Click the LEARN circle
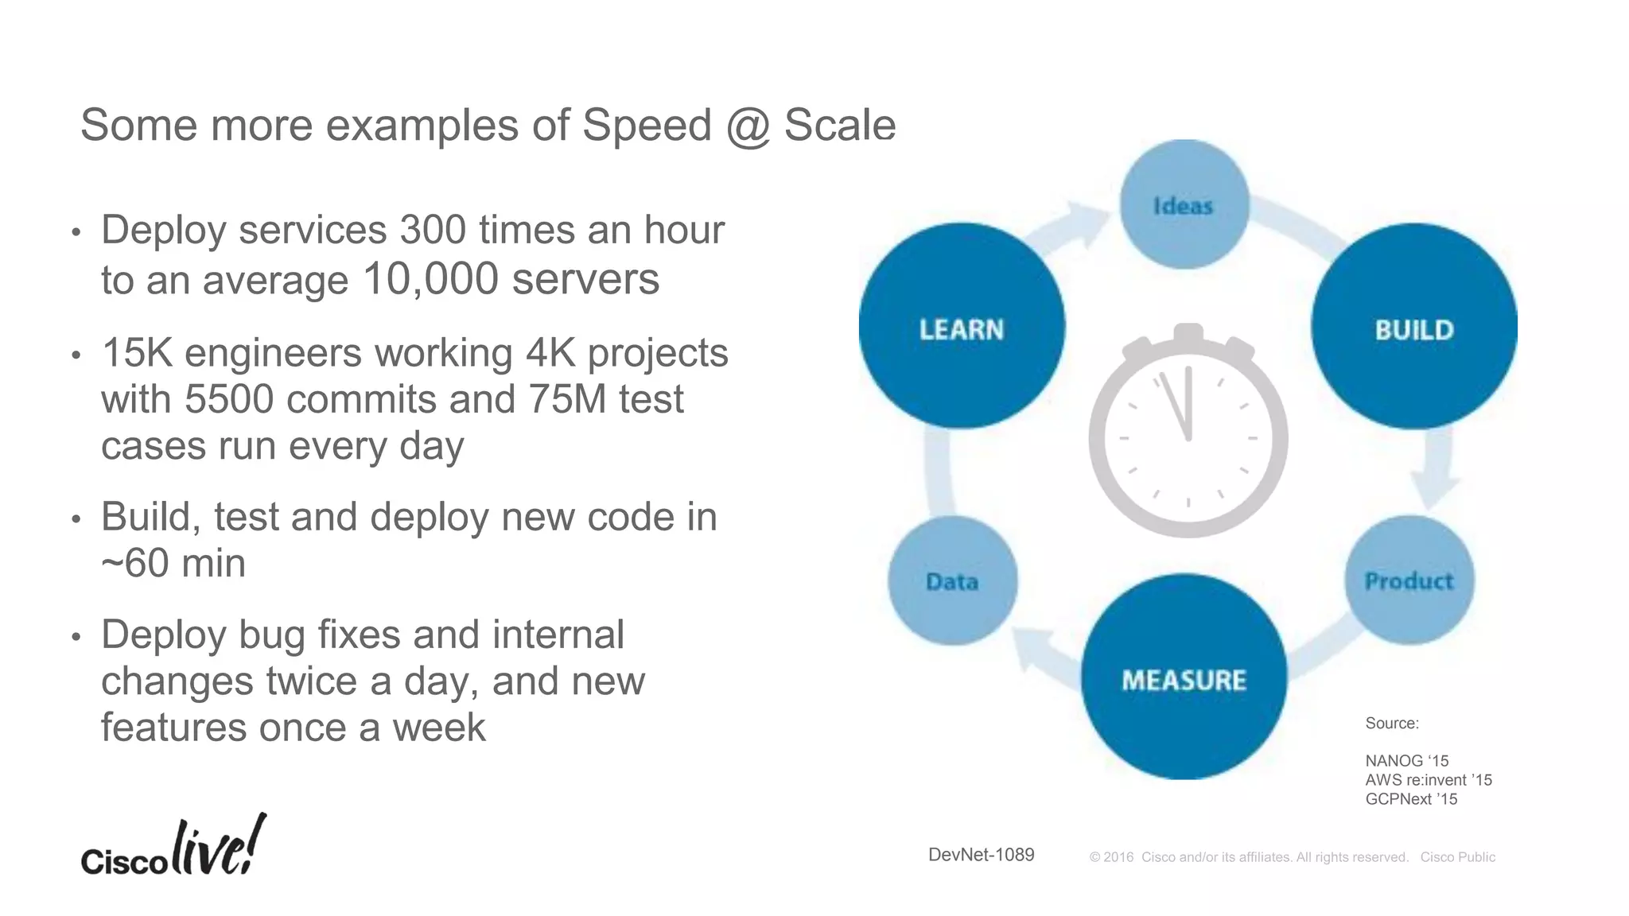pyautogui.click(x=962, y=326)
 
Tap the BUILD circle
pyautogui.click(x=1413, y=326)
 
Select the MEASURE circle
pyautogui.click(x=1184, y=677)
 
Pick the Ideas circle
pyautogui.click(x=1184, y=205)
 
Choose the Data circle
pyautogui.click(x=952, y=580)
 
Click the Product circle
pyautogui.click(x=1409, y=580)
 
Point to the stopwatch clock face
pyautogui.click(x=1188, y=437)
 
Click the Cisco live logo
pyautogui.click(x=173, y=848)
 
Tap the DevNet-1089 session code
pyautogui.click(x=981, y=855)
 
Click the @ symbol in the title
pyautogui.click(x=748, y=126)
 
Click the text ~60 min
pyautogui.click(x=173, y=563)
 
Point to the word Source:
pyautogui.click(x=1391, y=724)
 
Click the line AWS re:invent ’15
pyautogui.click(x=1428, y=780)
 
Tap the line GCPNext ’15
pyautogui.click(x=1410, y=799)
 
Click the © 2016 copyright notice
pyautogui.click(x=1249, y=857)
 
